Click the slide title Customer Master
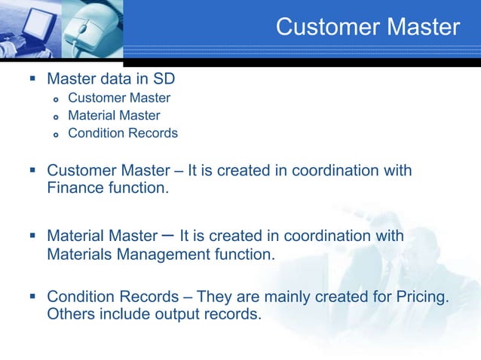(367, 27)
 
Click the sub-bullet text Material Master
(114, 115)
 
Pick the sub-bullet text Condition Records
(123, 133)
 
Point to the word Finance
(75, 188)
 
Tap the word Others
(69, 314)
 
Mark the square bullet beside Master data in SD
(31, 79)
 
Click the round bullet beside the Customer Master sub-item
(55, 99)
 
